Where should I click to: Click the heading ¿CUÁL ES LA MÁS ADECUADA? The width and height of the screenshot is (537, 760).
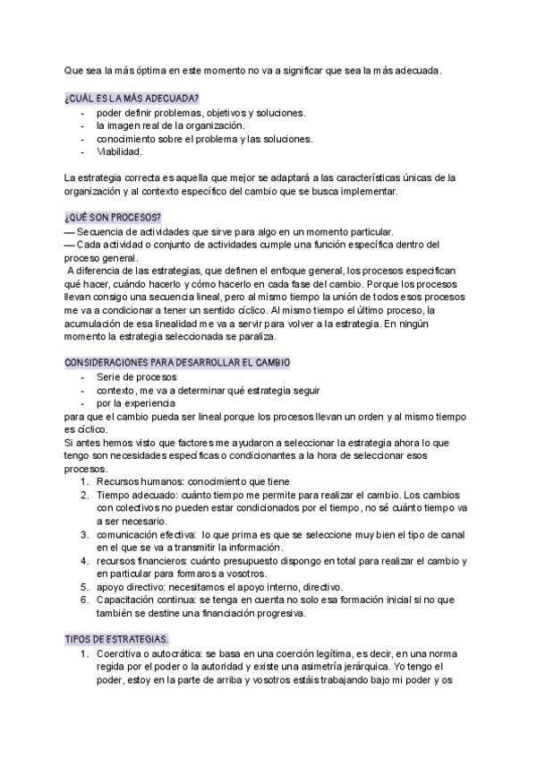click(132, 97)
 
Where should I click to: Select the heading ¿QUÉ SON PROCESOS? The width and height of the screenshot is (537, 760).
click(112, 218)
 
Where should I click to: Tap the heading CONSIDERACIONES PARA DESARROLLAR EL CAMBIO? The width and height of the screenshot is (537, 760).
click(177, 362)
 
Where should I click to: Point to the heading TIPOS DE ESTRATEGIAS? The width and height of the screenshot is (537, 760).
click(116, 639)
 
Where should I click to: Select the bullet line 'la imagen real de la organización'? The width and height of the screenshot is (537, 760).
click(169, 125)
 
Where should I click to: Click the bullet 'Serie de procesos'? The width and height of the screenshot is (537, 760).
click(136, 377)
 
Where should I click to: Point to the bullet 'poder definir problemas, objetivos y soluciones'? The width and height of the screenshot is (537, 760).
click(200, 113)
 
